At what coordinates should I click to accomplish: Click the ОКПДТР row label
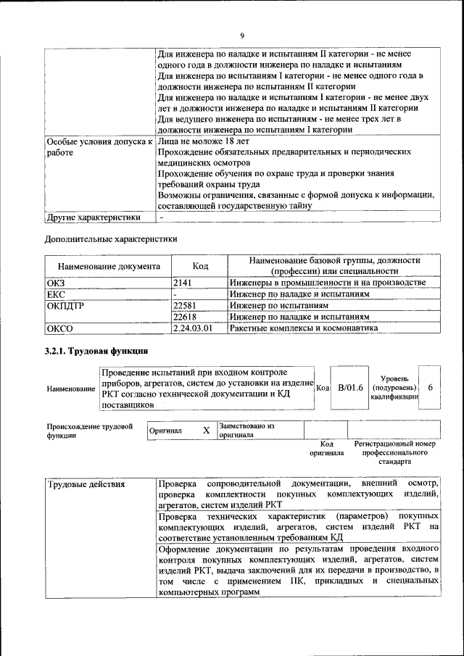pos(65,306)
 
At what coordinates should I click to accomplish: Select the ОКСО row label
pos(59,329)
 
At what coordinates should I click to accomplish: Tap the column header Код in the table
pos(200,266)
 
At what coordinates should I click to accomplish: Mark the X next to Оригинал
pos(206,430)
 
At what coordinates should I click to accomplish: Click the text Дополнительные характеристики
pos(111,238)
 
